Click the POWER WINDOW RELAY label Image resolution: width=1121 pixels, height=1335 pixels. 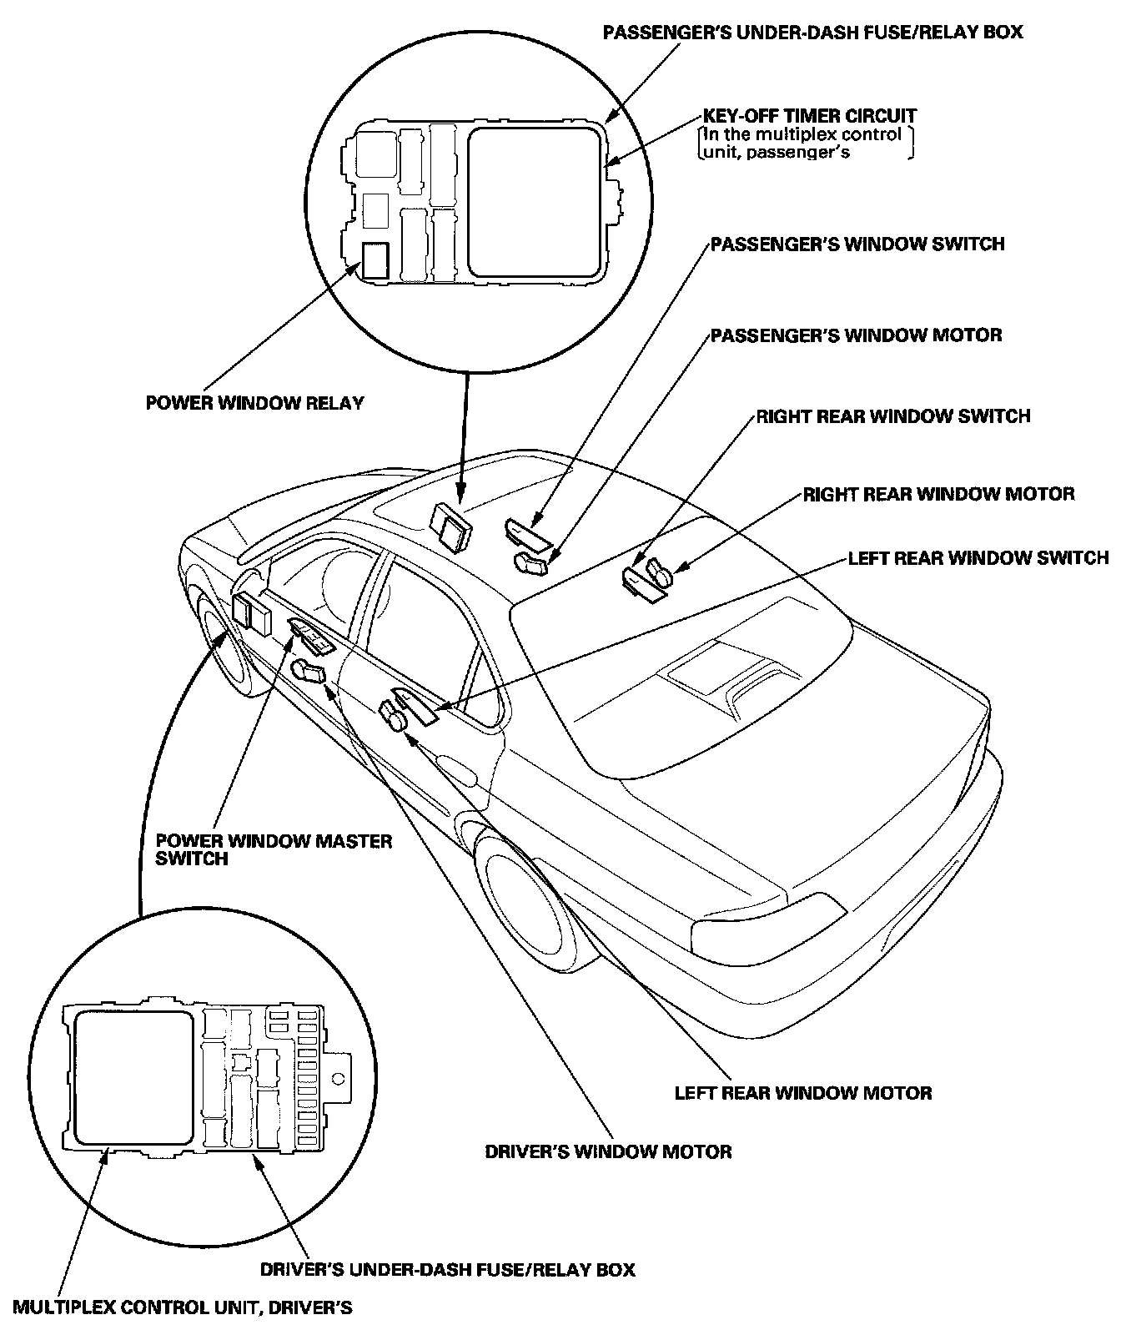[254, 404]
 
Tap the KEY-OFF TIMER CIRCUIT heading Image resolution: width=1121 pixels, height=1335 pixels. [809, 116]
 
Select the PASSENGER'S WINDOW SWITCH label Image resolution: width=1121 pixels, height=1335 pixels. [857, 244]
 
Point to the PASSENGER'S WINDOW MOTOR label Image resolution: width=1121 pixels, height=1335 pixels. [856, 335]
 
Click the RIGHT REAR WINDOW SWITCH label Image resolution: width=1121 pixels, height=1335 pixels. [892, 416]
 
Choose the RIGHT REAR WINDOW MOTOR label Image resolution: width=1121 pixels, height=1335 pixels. [938, 494]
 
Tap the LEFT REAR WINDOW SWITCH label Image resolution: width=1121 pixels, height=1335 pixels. [978, 557]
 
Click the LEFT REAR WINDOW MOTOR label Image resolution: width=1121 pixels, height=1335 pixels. [802, 1092]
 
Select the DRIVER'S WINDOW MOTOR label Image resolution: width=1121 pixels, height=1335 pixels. [608, 1152]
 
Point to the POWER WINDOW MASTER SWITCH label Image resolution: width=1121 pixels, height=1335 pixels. [273, 849]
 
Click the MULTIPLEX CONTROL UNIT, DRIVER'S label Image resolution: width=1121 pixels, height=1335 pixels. [182, 1307]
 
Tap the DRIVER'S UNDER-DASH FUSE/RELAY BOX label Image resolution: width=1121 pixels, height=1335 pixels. [447, 1270]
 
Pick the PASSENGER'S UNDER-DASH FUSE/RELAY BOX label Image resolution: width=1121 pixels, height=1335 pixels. [812, 33]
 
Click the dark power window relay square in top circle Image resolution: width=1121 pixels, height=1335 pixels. [375, 260]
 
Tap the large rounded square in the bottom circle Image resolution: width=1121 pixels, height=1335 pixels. [133, 1076]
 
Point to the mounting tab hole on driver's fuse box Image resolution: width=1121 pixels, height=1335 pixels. [340, 1078]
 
